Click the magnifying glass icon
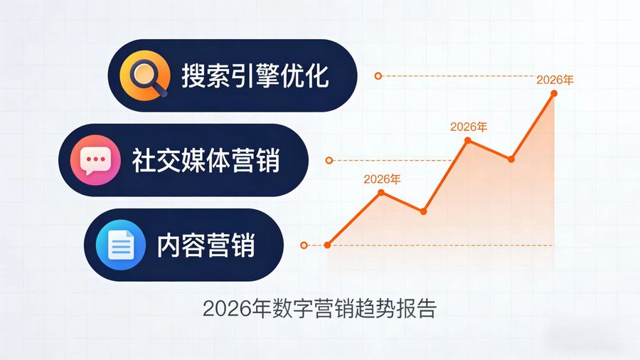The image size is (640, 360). point(145,75)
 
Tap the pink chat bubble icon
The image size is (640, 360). point(95,160)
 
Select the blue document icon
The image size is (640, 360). point(120,245)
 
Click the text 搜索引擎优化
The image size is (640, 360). point(255,76)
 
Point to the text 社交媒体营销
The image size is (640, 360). point(206,161)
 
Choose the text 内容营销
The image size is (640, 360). point(206,245)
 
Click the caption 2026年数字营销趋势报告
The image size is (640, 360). point(319,309)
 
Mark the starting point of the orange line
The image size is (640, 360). point(327,245)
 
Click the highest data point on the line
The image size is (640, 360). point(553,93)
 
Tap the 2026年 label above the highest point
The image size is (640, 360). point(554,80)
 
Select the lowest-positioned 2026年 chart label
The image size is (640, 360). point(382,179)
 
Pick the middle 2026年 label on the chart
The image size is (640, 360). point(469,127)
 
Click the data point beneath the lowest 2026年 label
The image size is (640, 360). point(382,192)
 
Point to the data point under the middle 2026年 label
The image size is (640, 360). point(468,140)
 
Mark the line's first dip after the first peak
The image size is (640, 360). point(424,211)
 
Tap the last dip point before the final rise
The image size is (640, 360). point(511,159)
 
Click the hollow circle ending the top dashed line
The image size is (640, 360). point(378,75)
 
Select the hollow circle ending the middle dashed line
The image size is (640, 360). point(329,160)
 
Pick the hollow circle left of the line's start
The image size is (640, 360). point(304,245)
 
